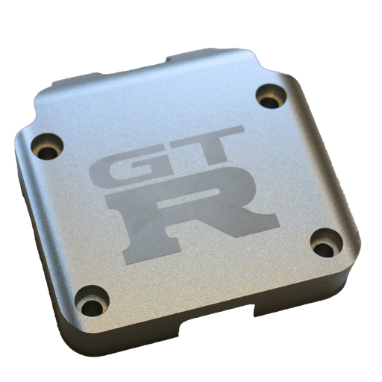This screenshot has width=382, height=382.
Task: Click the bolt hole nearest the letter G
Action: point(47,147)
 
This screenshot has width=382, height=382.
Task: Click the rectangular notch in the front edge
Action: point(217,322)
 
